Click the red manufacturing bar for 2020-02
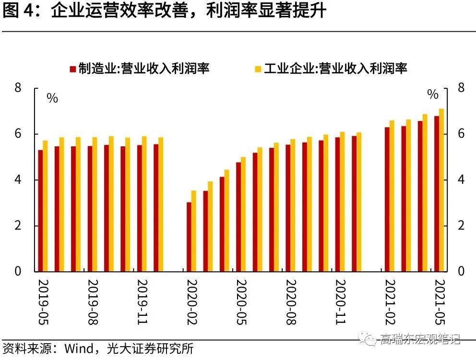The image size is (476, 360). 189,237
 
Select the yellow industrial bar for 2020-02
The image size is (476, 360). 194,231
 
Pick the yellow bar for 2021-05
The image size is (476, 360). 441,190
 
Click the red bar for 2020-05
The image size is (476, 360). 238,216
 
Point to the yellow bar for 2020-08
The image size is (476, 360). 293,206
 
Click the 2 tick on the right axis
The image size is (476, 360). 461,226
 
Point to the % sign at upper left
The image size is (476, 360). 52,98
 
